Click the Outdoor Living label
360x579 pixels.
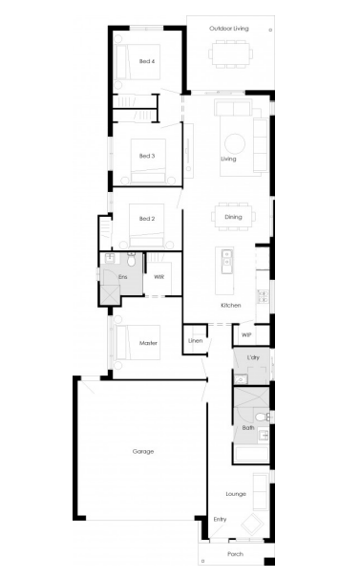229,29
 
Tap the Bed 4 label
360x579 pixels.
147,61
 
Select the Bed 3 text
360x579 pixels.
147,156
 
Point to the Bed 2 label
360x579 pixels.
147,219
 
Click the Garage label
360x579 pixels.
143,451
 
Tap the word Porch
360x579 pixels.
235,554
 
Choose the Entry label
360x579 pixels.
220,519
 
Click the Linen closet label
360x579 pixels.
196,340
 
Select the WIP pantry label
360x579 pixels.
246,335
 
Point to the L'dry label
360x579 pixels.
253,357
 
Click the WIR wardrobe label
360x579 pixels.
159,276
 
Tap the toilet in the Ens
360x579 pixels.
131,259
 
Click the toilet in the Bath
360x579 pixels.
263,417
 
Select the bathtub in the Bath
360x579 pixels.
252,454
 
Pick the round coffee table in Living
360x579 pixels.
235,143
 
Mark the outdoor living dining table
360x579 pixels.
231,54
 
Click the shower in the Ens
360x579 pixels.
110,295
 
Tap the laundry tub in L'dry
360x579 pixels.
241,379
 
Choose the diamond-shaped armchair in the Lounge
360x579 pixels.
252,524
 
